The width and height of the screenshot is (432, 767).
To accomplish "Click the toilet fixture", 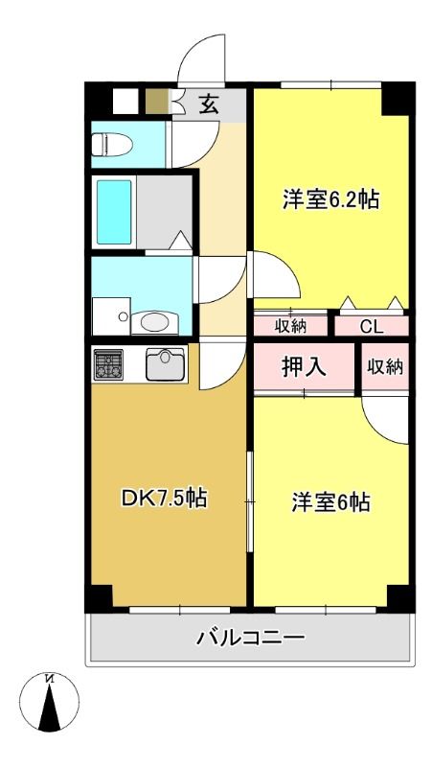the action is (112, 145).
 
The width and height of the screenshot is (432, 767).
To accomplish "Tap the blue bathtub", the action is (114, 211).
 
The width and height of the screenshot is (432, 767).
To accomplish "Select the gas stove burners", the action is (108, 364).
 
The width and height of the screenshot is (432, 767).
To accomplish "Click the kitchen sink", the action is (166, 364).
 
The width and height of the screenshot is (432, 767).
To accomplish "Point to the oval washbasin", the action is (154, 322).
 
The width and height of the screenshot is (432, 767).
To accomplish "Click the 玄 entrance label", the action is (209, 105).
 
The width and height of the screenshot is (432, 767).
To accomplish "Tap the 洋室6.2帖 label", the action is (330, 199).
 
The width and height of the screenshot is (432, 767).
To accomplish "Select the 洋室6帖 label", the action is (330, 502).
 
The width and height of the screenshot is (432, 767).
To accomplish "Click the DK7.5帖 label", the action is (164, 499).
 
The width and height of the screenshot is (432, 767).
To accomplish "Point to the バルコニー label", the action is (251, 638).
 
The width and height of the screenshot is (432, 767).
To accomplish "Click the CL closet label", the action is (372, 327).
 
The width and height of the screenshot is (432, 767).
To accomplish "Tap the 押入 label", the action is (304, 367).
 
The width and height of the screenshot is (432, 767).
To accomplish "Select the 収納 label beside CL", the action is (290, 327).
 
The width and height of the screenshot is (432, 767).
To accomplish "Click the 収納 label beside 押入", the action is (386, 366).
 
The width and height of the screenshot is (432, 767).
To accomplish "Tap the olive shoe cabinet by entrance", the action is (157, 101).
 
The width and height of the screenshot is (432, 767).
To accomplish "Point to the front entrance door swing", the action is (202, 59).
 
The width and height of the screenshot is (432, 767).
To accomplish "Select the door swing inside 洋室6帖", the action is (386, 420).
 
